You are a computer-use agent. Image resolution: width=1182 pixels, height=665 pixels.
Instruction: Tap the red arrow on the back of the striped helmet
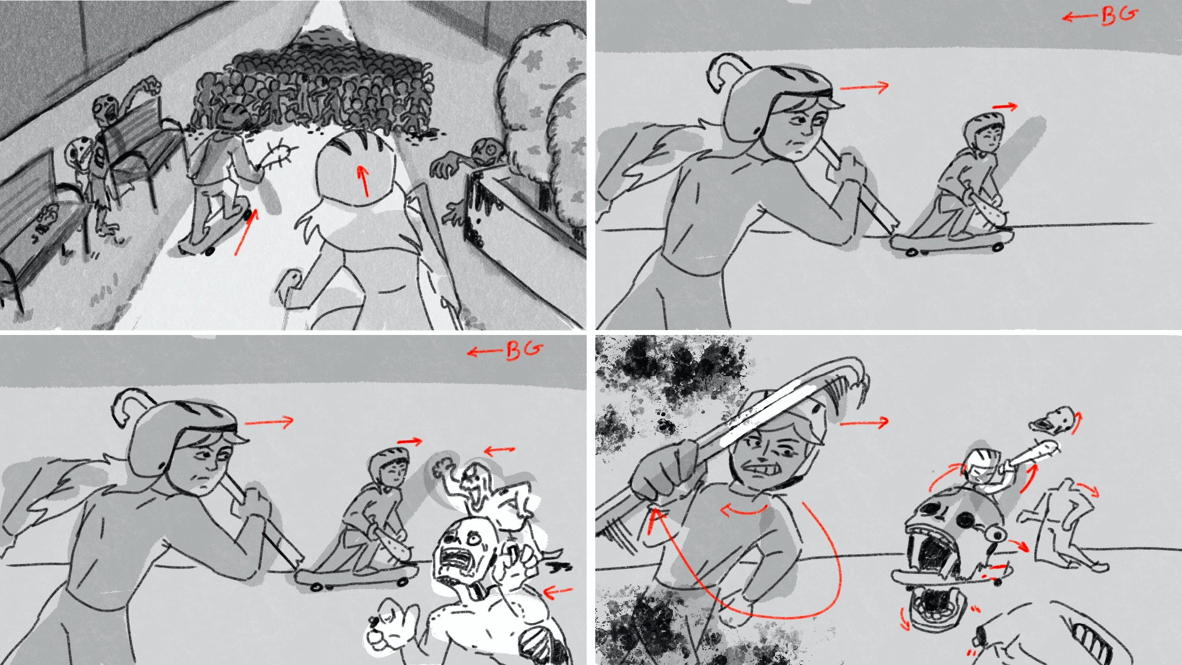[364, 181]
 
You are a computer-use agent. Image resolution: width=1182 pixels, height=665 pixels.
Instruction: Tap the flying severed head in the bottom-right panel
[1053, 420]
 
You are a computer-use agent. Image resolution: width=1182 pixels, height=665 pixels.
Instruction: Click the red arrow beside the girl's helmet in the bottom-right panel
[864, 422]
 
